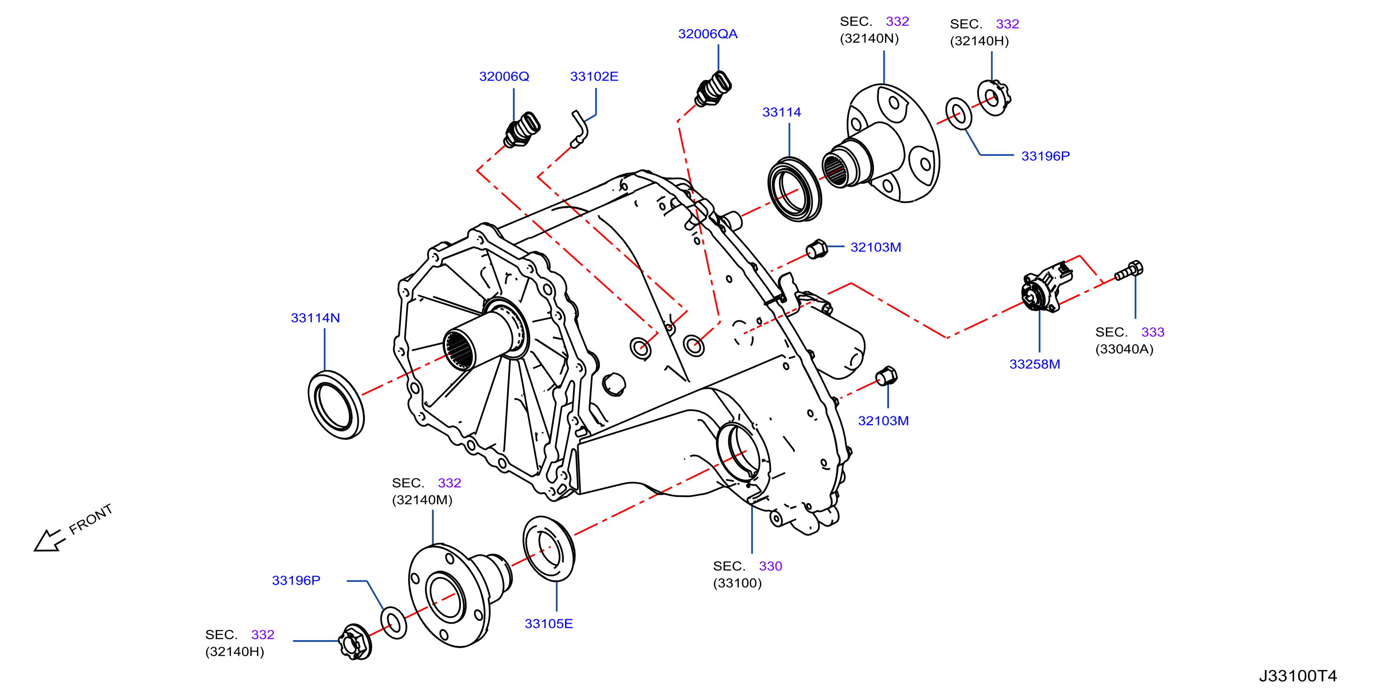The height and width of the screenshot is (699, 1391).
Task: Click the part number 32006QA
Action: pos(707,34)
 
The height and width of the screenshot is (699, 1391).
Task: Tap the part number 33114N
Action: pos(315,318)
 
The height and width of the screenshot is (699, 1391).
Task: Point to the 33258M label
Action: pos(1035,365)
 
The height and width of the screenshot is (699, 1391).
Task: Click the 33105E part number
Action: pos(549,624)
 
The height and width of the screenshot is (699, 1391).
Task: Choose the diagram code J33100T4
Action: pos(1298,676)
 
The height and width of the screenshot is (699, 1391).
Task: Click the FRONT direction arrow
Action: pos(50,541)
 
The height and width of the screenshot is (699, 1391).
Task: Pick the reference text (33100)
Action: pos(737,584)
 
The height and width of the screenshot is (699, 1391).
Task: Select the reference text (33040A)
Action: pos(1124,349)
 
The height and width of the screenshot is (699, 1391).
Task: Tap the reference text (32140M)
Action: pos(422,500)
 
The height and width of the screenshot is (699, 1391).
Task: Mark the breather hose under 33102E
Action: pos(579,129)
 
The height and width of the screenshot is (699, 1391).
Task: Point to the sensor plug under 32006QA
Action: pos(713,89)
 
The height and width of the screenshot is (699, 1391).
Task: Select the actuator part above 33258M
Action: pos(1046,286)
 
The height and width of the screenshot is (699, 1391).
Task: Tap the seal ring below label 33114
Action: pos(794,189)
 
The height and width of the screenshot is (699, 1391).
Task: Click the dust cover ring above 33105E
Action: pos(549,549)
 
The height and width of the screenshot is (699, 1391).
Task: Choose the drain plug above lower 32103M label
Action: pos(886,376)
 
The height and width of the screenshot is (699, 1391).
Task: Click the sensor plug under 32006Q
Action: pos(522,130)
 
